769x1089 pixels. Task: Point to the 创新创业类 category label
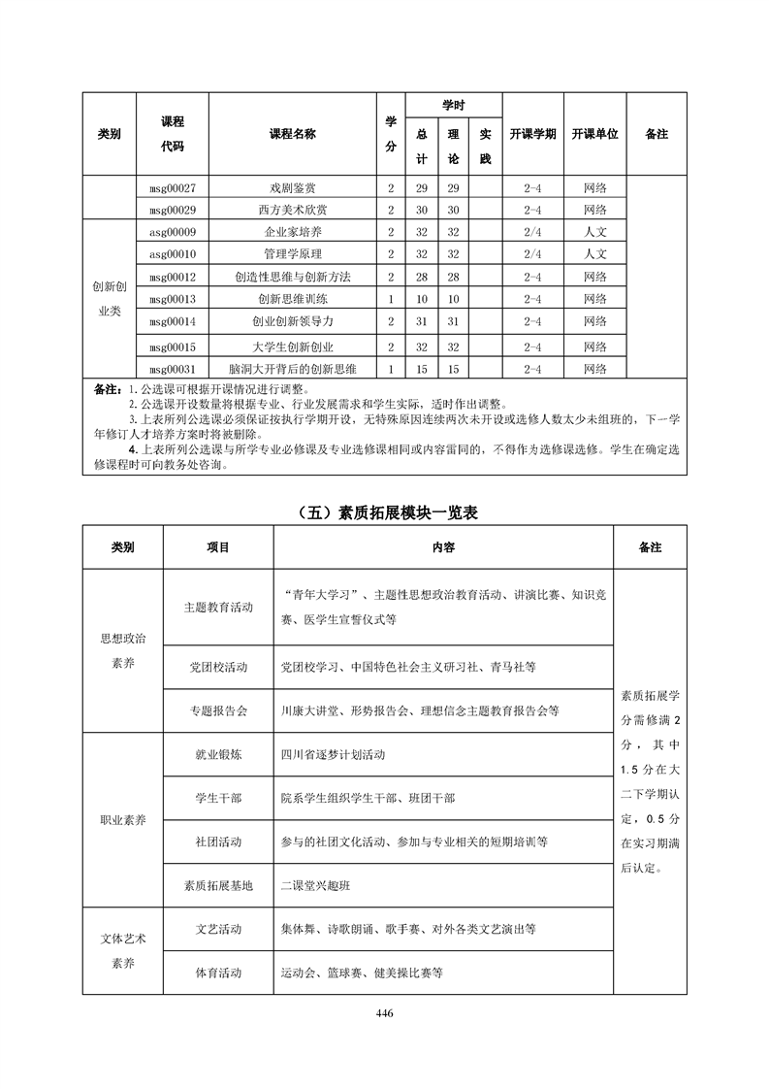(x=109, y=299)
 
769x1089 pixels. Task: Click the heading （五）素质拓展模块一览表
(x=385, y=513)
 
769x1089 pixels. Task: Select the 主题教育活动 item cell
(x=218, y=607)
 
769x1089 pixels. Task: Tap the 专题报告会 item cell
(x=218, y=710)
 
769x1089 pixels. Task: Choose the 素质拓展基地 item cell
(x=218, y=885)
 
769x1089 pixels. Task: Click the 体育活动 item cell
(x=218, y=973)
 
